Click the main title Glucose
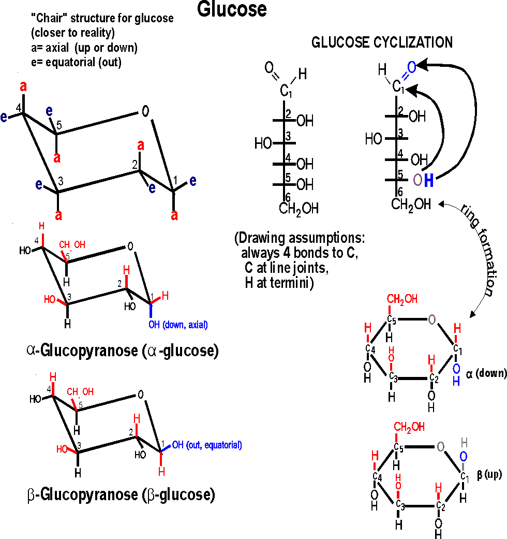click(x=232, y=9)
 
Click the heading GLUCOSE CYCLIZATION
click(x=382, y=42)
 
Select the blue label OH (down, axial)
click(x=178, y=325)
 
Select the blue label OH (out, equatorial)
click(x=207, y=444)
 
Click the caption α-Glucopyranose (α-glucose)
click(x=122, y=352)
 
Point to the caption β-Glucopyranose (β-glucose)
click(x=120, y=495)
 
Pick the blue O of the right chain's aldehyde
click(x=411, y=67)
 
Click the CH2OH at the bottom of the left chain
click(x=299, y=209)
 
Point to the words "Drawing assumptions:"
click(x=300, y=239)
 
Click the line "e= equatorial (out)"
click(x=78, y=63)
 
